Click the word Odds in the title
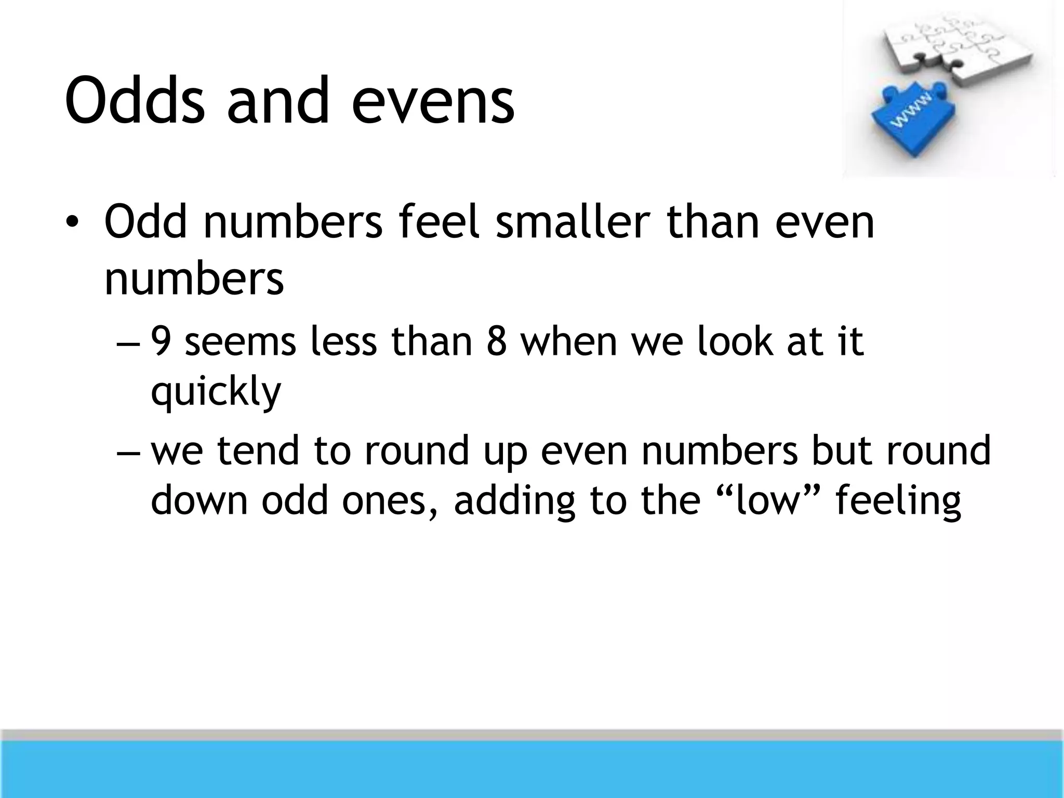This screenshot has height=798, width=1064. [135, 100]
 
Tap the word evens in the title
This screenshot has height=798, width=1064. [433, 100]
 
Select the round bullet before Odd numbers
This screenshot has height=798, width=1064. [72, 222]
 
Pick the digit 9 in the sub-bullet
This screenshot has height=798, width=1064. [162, 342]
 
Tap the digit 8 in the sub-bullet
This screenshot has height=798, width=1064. [497, 342]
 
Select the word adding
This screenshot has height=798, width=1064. [514, 501]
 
